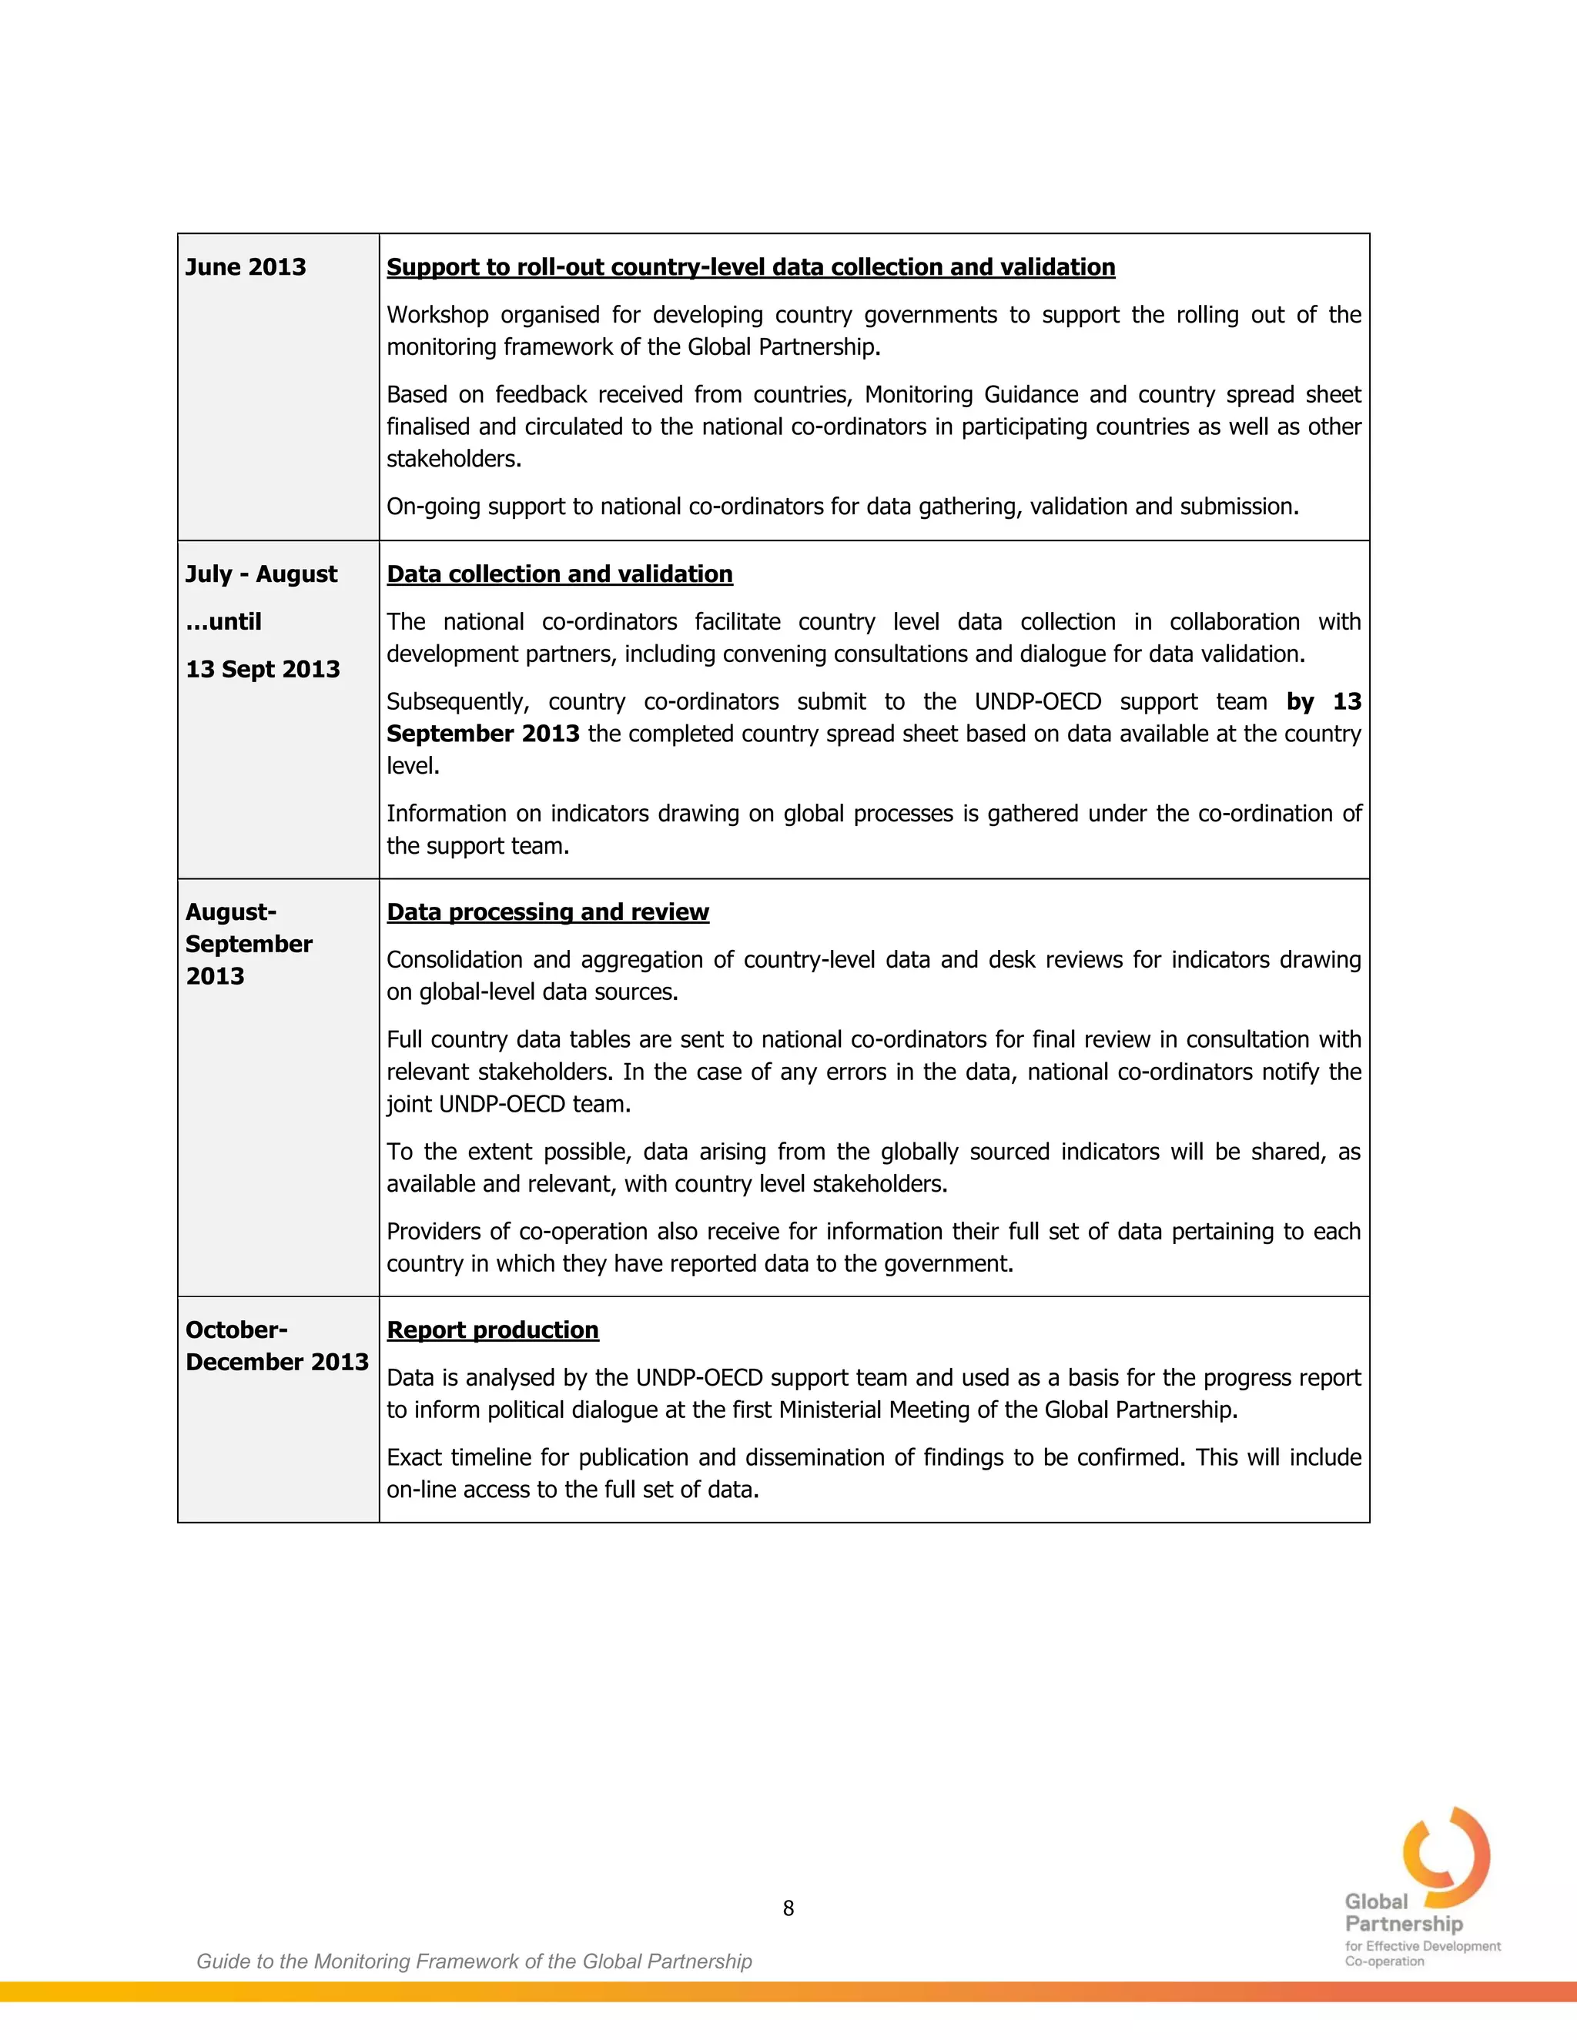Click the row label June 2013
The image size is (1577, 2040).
pos(246,267)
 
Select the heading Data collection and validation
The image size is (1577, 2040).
pos(560,574)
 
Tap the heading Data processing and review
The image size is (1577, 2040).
pos(547,911)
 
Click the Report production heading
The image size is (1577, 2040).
pos(492,1329)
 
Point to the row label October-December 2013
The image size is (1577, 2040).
pos(276,1346)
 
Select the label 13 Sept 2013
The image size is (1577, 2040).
pos(263,669)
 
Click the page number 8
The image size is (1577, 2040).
pos(788,1908)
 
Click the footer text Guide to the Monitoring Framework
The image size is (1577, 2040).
pos(474,1961)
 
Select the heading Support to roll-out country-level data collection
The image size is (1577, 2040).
pos(750,267)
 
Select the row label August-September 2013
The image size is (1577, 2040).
pos(249,944)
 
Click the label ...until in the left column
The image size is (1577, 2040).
pos(223,621)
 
